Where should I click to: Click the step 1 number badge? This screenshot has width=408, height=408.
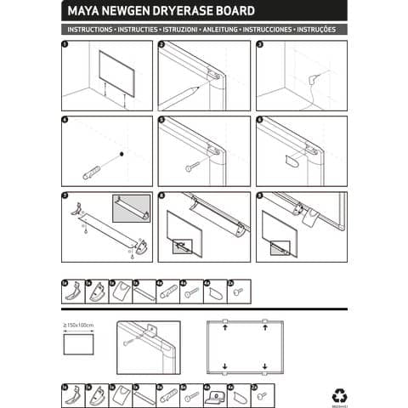pos(65,44)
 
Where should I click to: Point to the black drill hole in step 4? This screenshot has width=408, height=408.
pos(122,154)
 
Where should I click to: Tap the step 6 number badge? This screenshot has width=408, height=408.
pos(259,121)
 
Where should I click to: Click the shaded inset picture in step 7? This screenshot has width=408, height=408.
pos(131,209)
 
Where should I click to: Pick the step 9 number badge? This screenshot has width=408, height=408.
pos(259,196)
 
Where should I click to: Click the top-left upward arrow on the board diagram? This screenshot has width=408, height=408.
pos(224,327)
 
